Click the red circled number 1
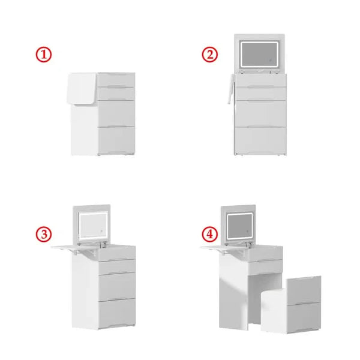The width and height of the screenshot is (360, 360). pyautogui.click(x=44, y=55)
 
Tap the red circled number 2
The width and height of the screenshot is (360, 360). pyautogui.click(x=209, y=55)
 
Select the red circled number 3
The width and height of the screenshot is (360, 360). pyautogui.click(x=44, y=234)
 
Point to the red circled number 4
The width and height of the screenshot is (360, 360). pyautogui.click(x=209, y=234)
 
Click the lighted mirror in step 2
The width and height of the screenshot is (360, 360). pyautogui.click(x=259, y=55)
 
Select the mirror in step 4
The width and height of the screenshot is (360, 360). pyautogui.click(x=240, y=226)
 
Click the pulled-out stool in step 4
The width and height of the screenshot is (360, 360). pyautogui.click(x=291, y=306)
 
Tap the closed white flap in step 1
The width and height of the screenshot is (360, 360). pyautogui.click(x=82, y=88)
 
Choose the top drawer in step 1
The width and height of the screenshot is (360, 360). pyautogui.click(x=116, y=80)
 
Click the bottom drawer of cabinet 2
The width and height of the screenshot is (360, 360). pyautogui.click(x=260, y=140)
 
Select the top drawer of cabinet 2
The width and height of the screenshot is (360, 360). pyautogui.click(x=260, y=80)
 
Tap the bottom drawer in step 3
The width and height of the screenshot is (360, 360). pyautogui.click(x=116, y=313)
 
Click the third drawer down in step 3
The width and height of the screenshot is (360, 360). pyautogui.click(x=116, y=286)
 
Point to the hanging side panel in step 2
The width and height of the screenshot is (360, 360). pyautogui.click(x=231, y=89)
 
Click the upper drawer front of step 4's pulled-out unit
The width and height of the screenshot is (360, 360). pyautogui.click(x=304, y=290)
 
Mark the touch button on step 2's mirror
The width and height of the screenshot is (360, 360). pyautogui.click(x=270, y=61)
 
